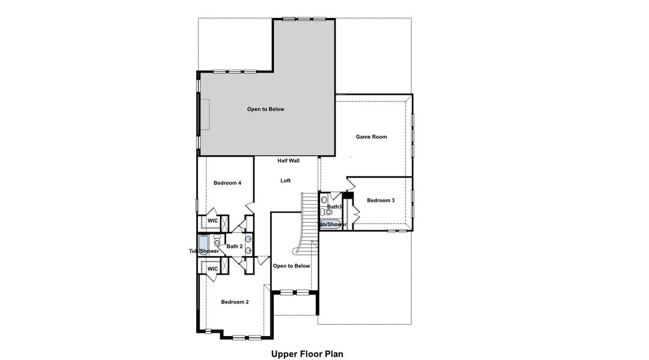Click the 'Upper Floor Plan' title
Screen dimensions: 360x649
tap(307, 353)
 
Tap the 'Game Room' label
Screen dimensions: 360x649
tap(371, 137)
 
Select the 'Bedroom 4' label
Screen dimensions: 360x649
tap(228, 183)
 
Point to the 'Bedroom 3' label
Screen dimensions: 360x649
tap(381, 200)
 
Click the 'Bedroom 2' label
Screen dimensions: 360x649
tap(234, 302)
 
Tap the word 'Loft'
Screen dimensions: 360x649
tap(286, 181)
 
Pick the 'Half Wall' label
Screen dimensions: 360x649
tap(288, 161)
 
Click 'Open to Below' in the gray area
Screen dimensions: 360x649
tap(265, 109)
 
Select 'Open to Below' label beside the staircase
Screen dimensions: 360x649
tap(292, 266)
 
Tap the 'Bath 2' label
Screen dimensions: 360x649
tap(234, 247)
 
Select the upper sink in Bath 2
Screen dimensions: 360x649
tap(248, 239)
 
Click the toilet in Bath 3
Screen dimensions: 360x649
tap(328, 212)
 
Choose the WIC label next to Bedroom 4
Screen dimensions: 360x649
tap(212, 221)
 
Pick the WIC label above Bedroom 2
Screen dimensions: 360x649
tap(212, 269)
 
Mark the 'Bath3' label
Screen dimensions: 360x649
tap(334, 207)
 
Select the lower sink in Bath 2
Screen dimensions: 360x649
tap(248, 253)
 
